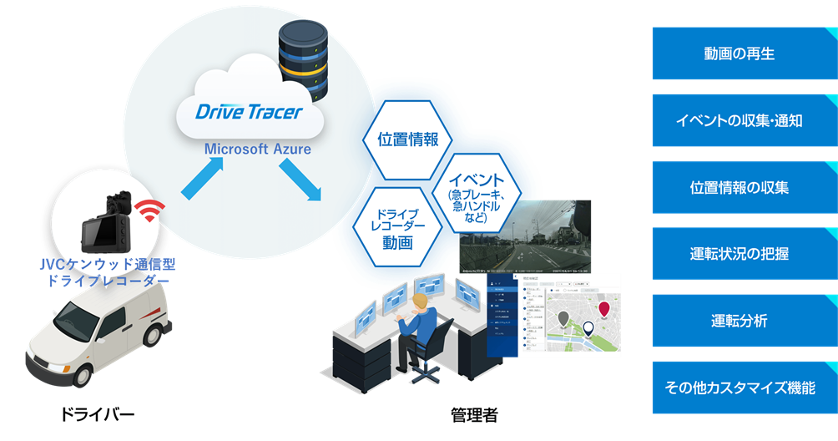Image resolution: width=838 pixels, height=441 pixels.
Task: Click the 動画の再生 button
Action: pos(740,54)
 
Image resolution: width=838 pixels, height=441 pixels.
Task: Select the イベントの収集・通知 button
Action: pos(740,120)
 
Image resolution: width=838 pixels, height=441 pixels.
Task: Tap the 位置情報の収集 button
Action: pos(740,187)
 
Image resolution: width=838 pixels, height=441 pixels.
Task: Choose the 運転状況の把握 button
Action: pos(740,254)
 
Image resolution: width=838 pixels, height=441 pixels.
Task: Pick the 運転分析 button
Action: pos(740,321)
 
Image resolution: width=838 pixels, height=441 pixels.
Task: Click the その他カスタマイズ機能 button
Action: pos(740,388)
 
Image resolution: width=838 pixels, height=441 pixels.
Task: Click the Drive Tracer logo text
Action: pos(249,112)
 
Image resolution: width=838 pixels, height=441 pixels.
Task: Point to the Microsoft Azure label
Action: pos(258,150)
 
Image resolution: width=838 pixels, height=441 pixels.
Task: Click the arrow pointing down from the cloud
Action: pos(300,180)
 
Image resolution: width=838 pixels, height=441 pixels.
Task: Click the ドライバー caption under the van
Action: pos(97,414)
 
